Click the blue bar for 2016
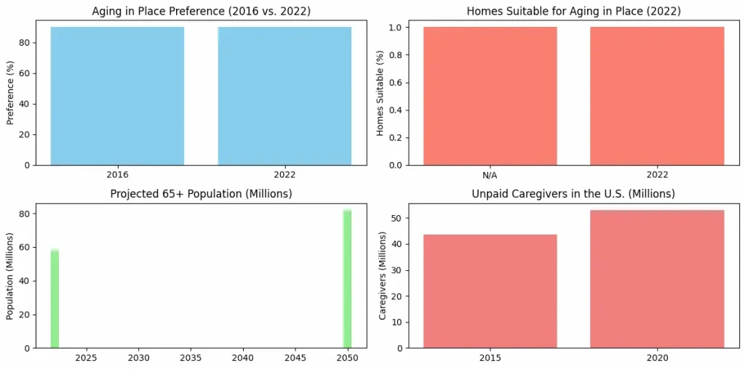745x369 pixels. point(117,96)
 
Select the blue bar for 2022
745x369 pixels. point(284,96)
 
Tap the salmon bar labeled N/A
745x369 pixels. point(490,96)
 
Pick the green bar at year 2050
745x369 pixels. point(347,279)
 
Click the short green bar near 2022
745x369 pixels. point(55,299)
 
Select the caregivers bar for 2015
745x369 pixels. point(490,291)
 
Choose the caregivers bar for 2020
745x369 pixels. point(657,279)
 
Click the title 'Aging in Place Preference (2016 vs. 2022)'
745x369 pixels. point(201,11)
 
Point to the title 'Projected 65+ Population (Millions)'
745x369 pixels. point(201,194)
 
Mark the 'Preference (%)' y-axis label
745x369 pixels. point(10,97)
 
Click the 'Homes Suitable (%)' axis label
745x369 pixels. point(380,97)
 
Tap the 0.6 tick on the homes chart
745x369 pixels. point(397,83)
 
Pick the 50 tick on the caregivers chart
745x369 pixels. point(399,218)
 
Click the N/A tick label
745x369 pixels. point(490,175)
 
